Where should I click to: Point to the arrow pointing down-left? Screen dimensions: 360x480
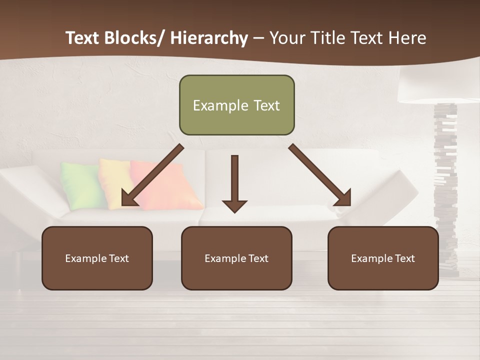[x=152, y=175]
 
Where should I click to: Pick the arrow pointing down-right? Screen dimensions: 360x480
[x=320, y=175]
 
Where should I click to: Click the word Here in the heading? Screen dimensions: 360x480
[x=407, y=38]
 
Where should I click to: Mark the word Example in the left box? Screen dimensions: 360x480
[x=85, y=258]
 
